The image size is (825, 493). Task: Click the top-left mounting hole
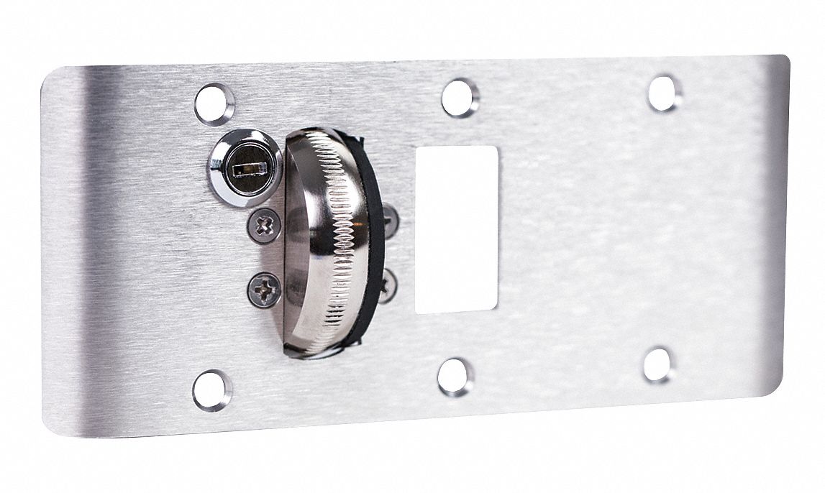coord(214,104)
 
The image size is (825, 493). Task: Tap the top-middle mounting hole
coord(460,98)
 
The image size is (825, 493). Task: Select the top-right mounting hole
coord(664,93)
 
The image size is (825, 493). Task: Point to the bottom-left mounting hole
coord(212,390)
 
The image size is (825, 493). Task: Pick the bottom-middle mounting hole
coord(456,377)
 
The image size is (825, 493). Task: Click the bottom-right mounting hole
coord(659,365)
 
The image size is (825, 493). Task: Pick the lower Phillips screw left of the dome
coord(264,290)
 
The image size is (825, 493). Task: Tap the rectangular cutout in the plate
coord(457,229)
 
